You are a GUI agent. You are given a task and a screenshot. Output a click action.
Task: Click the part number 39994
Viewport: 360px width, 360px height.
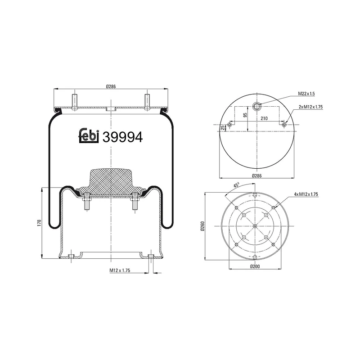123,137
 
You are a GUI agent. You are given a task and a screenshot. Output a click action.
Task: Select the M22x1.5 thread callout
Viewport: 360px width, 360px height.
306,94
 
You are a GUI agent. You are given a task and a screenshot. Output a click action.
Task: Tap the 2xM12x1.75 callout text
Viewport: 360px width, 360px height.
310,107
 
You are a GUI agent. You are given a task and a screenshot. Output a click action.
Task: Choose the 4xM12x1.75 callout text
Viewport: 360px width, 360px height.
306,194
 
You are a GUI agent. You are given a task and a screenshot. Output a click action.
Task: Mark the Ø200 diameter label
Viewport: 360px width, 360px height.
255,266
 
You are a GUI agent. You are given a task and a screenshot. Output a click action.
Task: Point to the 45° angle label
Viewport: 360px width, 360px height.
236,184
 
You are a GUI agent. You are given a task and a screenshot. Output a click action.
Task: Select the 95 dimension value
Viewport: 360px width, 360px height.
245,115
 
